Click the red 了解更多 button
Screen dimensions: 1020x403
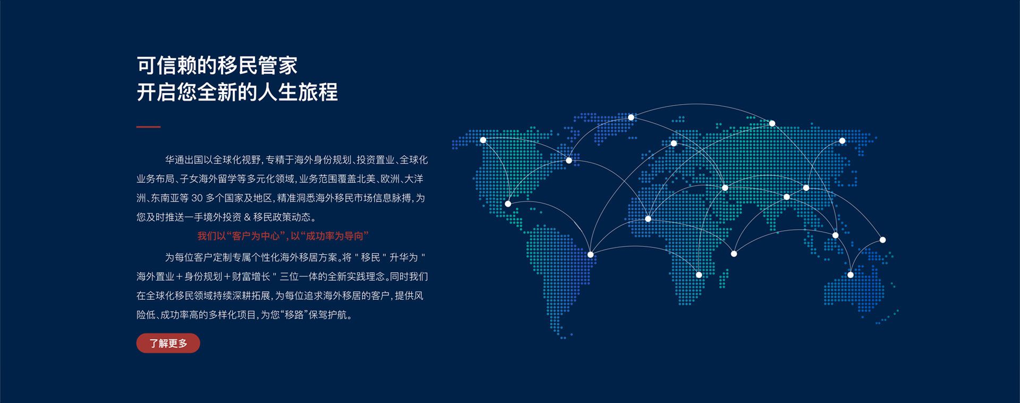pos(168,343)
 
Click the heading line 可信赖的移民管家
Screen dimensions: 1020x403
pos(217,65)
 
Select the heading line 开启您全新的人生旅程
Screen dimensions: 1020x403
pos(237,92)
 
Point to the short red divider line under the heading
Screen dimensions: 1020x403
pos(148,127)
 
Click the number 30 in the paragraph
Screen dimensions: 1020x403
pos(197,198)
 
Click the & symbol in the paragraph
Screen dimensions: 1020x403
pos(246,217)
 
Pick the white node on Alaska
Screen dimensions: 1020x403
pos(483,140)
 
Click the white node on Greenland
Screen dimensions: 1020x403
pos(631,117)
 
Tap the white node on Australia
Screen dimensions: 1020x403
pos(851,275)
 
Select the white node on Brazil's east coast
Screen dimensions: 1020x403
pos(590,255)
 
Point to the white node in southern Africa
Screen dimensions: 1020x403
pos(699,275)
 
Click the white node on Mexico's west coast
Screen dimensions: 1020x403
pos(508,204)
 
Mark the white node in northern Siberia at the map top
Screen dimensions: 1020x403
pos(772,123)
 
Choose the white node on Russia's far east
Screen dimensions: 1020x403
pos(842,141)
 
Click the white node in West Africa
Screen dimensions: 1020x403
pos(648,219)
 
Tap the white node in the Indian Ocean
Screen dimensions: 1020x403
pos(734,254)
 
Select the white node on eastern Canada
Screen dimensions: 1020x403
pos(569,161)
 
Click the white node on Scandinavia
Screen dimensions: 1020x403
pos(674,144)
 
